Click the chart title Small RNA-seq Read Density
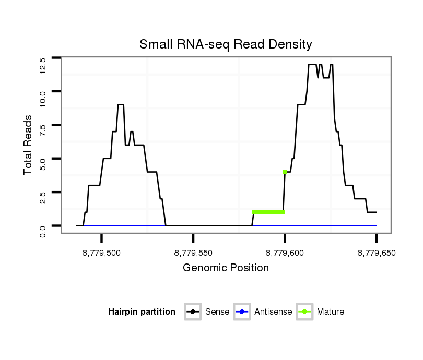pos(226,44)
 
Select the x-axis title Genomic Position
pos(226,268)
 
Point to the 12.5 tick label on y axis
pos(43,65)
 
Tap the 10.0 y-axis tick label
pos(43,98)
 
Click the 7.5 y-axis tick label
pos(43,131)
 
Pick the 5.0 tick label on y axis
pos(43,164)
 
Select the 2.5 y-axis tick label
pos(43,198)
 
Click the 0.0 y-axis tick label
pos(43,231)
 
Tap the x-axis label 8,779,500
pos(102,253)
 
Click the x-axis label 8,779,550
pos(193,253)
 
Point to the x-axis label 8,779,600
pos(285,253)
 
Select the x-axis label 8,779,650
pos(376,253)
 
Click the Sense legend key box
pos(193,312)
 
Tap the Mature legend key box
pos(304,312)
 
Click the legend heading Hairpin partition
pos(142,312)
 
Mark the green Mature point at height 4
pos(285,172)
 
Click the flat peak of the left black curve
pos(121,105)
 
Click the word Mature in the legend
pos(331,312)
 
